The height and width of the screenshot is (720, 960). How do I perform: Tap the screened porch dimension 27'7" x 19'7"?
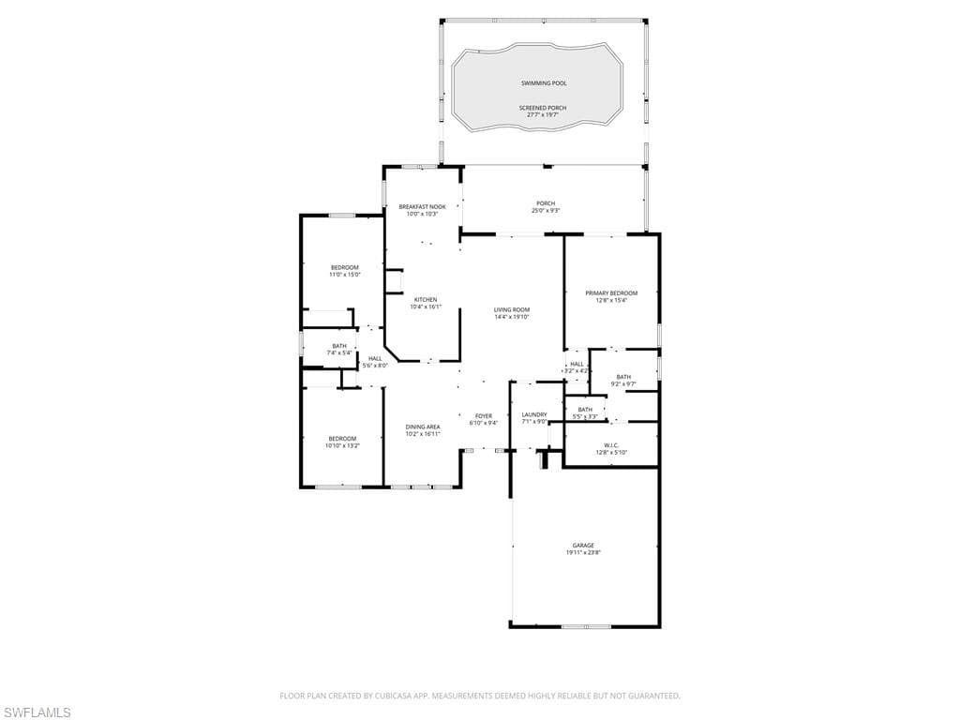tap(544, 115)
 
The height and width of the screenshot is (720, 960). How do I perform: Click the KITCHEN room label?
tap(424, 303)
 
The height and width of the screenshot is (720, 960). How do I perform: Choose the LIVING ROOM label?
tap(512, 313)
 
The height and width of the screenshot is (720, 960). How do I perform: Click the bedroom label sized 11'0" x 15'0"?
tap(344, 271)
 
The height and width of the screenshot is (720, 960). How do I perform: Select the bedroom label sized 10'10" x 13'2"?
tap(342, 442)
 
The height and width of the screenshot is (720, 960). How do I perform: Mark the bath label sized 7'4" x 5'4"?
tap(338, 350)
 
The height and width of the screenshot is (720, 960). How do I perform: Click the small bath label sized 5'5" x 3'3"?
tap(585, 412)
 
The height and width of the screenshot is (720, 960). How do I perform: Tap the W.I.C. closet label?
tap(611, 448)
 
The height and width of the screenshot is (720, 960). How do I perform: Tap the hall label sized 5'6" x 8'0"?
tap(375, 362)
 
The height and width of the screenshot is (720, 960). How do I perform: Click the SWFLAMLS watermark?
tap(37, 713)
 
